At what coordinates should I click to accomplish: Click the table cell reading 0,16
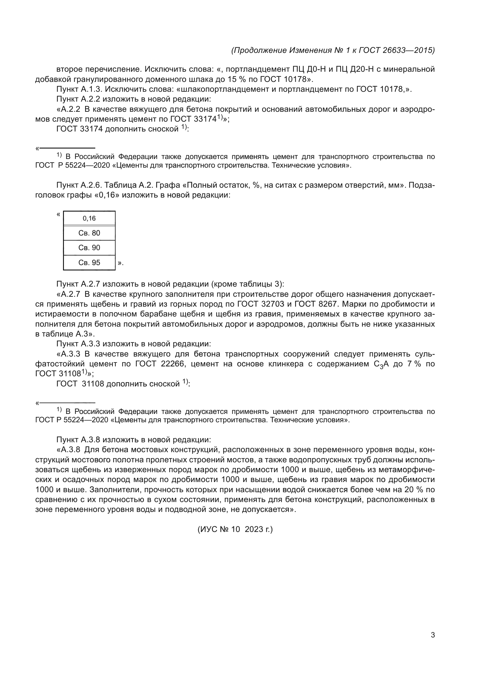89,218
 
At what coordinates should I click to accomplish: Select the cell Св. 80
89,233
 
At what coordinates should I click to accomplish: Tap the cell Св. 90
89,247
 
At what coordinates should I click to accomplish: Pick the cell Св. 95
89,262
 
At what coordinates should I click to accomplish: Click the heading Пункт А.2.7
79,284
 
